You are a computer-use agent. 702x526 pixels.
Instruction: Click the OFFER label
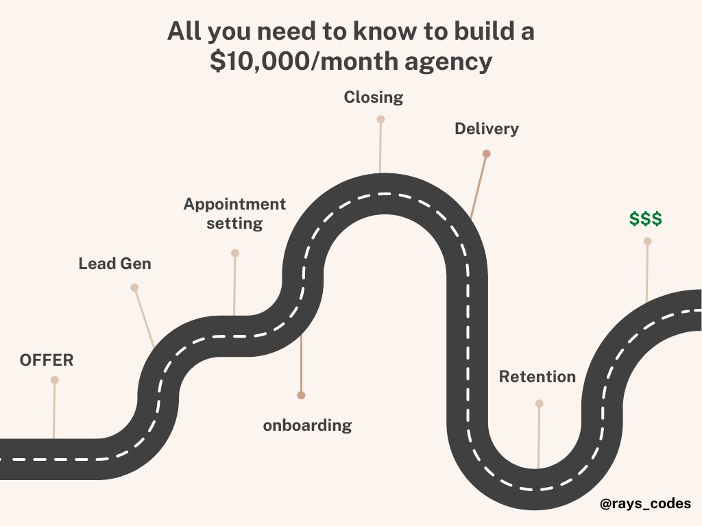[47, 360]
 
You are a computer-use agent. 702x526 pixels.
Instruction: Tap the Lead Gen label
[114, 264]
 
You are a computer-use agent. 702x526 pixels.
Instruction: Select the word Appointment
[234, 204]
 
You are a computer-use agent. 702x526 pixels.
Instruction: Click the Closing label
[374, 97]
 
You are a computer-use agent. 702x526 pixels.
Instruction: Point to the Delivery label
[487, 129]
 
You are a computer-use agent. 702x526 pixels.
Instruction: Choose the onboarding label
[307, 425]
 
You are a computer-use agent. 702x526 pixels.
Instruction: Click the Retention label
[537, 377]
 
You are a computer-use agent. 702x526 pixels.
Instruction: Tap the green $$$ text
[646, 219]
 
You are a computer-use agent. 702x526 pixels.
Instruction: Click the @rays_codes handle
[645, 503]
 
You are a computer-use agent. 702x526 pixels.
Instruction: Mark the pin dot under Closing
[380, 119]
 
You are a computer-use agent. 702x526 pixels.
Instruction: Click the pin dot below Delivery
[486, 154]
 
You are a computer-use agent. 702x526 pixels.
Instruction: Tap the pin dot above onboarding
[301, 395]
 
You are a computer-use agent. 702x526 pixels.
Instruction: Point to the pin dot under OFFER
[54, 380]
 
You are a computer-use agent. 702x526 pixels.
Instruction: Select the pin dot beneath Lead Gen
[134, 288]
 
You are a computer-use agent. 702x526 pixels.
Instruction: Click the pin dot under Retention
[540, 403]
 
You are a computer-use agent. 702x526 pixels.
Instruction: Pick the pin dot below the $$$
[647, 241]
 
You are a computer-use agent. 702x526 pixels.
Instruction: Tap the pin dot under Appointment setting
[235, 253]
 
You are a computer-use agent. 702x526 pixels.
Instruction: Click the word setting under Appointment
[234, 223]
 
